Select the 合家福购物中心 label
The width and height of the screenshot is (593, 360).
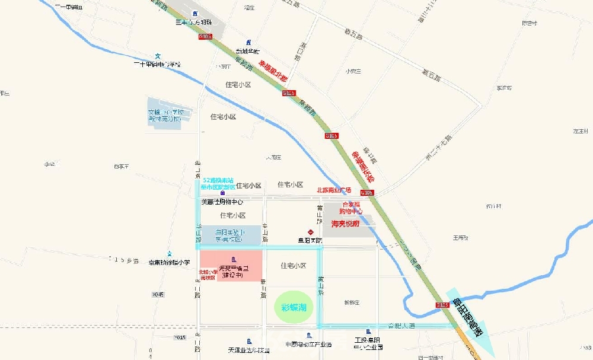pos(350,207)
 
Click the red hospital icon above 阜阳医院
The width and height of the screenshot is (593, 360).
pos(309,231)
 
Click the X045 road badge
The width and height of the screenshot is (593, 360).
pos(157,294)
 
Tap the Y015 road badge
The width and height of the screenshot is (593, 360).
pos(180,337)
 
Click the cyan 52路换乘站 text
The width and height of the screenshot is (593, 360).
pos(218,180)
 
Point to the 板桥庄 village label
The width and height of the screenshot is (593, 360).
pos(352,302)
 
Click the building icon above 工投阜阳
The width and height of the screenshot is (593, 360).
pos(369,332)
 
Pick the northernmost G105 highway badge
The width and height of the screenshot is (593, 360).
pos(205,36)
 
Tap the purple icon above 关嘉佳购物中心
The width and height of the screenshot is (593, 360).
pos(222,193)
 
